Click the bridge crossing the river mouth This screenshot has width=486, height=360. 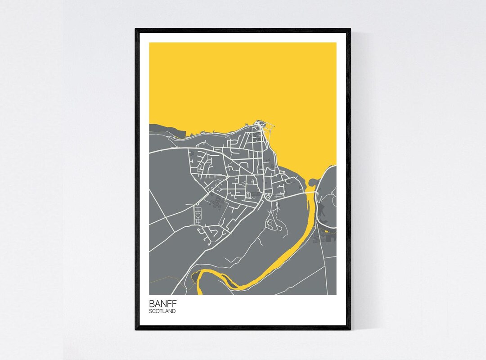tap(310, 192)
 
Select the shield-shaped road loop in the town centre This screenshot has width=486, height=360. tap(269, 196)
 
